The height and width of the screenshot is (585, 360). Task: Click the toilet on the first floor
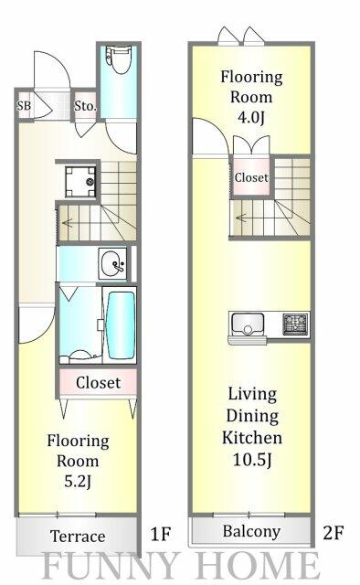[x=116, y=61]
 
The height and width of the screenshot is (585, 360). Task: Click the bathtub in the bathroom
[x=121, y=325]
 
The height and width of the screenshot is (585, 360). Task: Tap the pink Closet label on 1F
[x=98, y=382]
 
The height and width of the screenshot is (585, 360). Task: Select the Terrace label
[x=78, y=536]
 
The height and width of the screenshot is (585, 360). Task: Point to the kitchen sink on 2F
[x=247, y=324]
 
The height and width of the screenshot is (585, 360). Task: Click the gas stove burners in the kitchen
[x=295, y=324]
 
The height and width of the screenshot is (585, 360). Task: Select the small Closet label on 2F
[x=251, y=177]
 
